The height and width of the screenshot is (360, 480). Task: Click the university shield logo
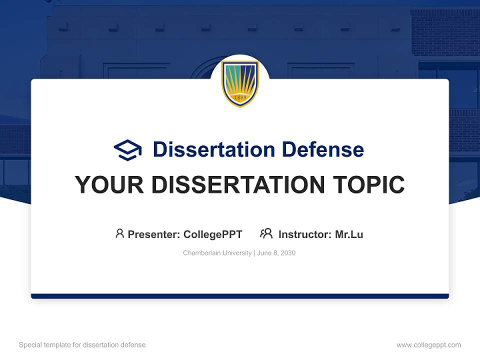click(240, 83)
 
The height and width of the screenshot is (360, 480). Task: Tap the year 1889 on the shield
click(240, 97)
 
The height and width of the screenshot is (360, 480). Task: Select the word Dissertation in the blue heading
click(214, 149)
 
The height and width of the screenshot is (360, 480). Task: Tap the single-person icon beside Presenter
click(119, 233)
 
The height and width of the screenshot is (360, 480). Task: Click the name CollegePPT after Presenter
click(213, 234)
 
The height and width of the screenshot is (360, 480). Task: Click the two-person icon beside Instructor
click(266, 233)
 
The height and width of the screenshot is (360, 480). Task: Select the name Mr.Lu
click(349, 234)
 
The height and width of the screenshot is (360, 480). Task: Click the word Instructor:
click(304, 234)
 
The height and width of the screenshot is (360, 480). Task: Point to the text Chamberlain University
click(217, 253)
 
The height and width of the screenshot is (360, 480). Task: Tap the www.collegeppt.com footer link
click(428, 345)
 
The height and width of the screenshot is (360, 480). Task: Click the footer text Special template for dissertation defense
click(82, 345)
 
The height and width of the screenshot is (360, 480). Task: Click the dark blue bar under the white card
click(240, 296)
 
